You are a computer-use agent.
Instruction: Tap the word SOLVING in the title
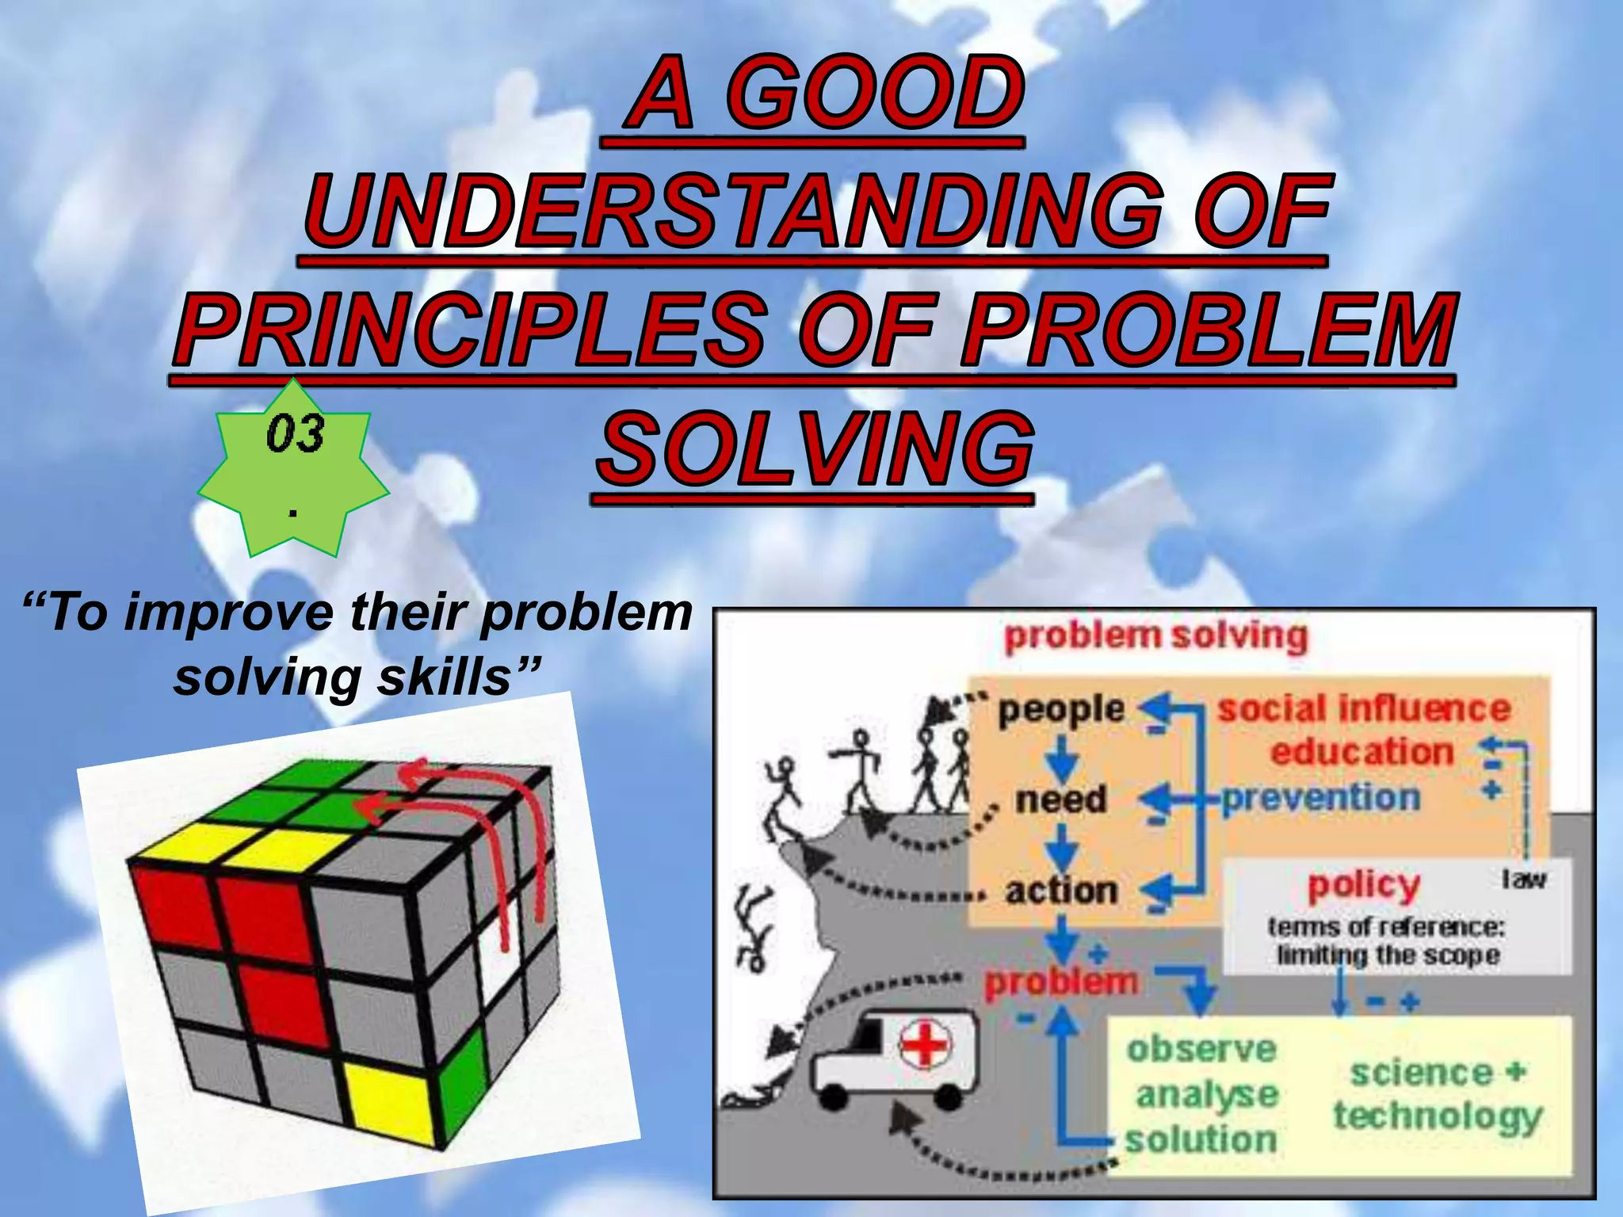(x=815, y=449)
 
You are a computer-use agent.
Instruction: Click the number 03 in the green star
(x=295, y=434)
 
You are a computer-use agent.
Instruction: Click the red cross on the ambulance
(x=925, y=1044)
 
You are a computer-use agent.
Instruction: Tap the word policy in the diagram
(x=1363, y=885)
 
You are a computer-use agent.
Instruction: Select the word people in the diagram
(x=1060, y=709)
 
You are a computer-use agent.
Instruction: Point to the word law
(x=1523, y=879)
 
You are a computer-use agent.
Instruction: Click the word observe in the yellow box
(x=1201, y=1049)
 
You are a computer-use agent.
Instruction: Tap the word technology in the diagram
(x=1437, y=1116)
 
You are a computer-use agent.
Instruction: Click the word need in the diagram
(x=1060, y=799)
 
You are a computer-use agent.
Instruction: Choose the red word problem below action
(x=1060, y=982)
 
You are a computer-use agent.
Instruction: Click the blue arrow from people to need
(x=1061, y=757)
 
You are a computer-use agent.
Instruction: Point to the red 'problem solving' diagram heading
(x=1155, y=636)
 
